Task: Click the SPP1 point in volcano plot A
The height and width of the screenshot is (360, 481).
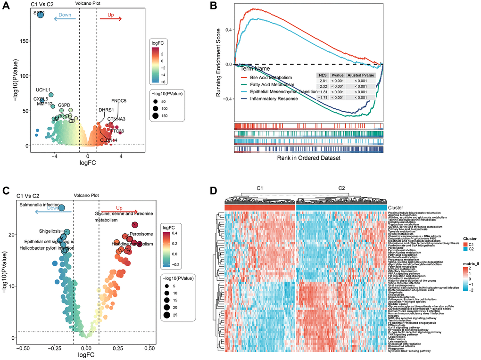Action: [x=40, y=15]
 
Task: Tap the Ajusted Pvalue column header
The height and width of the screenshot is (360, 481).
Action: [x=361, y=75]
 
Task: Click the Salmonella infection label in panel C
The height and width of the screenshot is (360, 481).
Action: [x=40, y=205]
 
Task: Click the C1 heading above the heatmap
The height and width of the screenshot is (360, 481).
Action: [x=259, y=188]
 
